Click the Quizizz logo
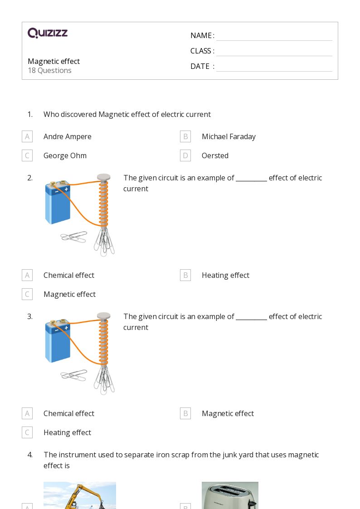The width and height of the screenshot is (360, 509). [48, 33]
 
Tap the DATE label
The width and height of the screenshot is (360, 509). [200, 66]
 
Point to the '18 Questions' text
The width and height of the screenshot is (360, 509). [49, 70]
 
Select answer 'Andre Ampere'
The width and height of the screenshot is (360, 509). [67, 136]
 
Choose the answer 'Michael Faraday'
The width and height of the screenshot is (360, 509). [229, 136]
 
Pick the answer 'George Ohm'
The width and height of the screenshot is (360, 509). [65, 155]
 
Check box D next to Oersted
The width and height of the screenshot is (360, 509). [185, 155]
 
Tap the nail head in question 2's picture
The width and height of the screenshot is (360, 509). [104, 177]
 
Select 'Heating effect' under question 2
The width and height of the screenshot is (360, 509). [225, 275]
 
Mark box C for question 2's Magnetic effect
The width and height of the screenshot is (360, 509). [27, 294]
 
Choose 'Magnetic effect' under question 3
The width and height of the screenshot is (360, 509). [228, 413]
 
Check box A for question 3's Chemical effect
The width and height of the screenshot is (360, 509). [27, 413]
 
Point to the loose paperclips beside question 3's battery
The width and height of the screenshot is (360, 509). [73, 375]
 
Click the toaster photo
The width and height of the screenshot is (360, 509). [230, 495]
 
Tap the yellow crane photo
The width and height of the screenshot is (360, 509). [80, 495]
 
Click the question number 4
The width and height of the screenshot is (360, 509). [30, 455]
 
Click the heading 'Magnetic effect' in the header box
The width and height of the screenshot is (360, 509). [54, 61]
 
